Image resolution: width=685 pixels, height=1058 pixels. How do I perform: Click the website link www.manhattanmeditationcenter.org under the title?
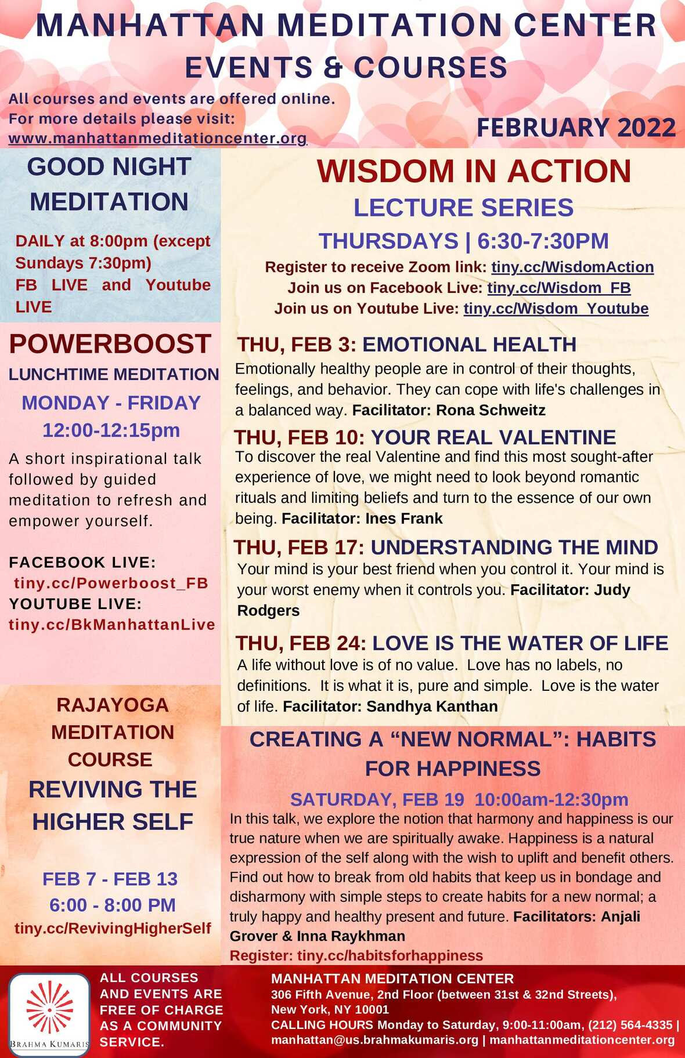point(157,139)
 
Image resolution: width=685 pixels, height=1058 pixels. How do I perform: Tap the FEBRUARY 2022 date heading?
point(576,128)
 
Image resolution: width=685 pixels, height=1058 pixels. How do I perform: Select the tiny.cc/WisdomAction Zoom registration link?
point(572,267)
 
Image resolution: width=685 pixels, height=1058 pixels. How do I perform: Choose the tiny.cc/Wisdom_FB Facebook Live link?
point(559,288)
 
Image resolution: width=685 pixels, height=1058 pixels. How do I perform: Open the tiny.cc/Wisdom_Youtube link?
point(556,309)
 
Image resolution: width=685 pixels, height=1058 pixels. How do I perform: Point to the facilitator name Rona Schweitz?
point(491,410)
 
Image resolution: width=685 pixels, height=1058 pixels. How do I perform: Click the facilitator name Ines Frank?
point(404,519)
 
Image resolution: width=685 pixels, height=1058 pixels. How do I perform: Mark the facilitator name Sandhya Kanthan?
point(432,706)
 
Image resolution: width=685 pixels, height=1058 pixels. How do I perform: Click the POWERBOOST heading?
point(110,344)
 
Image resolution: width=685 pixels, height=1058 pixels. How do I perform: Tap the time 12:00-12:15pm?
point(111,430)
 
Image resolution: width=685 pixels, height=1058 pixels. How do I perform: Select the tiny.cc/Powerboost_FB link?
point(111,583)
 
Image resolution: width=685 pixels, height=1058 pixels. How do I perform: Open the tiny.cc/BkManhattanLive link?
point(112,625)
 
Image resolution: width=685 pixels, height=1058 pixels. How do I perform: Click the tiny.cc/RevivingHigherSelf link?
point(113,928)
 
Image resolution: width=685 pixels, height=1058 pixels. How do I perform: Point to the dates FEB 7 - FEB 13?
point(110,879)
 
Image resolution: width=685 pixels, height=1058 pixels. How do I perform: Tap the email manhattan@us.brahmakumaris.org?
point(375,1040)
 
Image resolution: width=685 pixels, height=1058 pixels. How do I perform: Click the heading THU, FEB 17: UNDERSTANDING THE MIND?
point(446,547)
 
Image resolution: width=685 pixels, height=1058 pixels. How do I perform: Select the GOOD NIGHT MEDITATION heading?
point(109,184)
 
